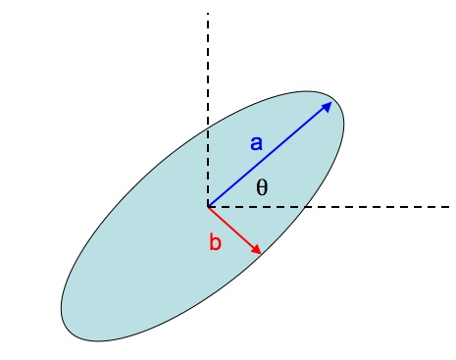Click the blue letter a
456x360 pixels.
(x=256, y=143)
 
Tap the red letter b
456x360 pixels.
(x=217, y=242)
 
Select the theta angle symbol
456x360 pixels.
(x=262, y=187)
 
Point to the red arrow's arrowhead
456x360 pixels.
(x=258, y=251)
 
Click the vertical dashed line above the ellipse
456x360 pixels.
(x=208, y=59)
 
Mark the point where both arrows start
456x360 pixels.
(x=208, y=207)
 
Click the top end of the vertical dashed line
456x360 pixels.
(x=208, y=13)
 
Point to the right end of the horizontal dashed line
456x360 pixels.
(x=448, y=207)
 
